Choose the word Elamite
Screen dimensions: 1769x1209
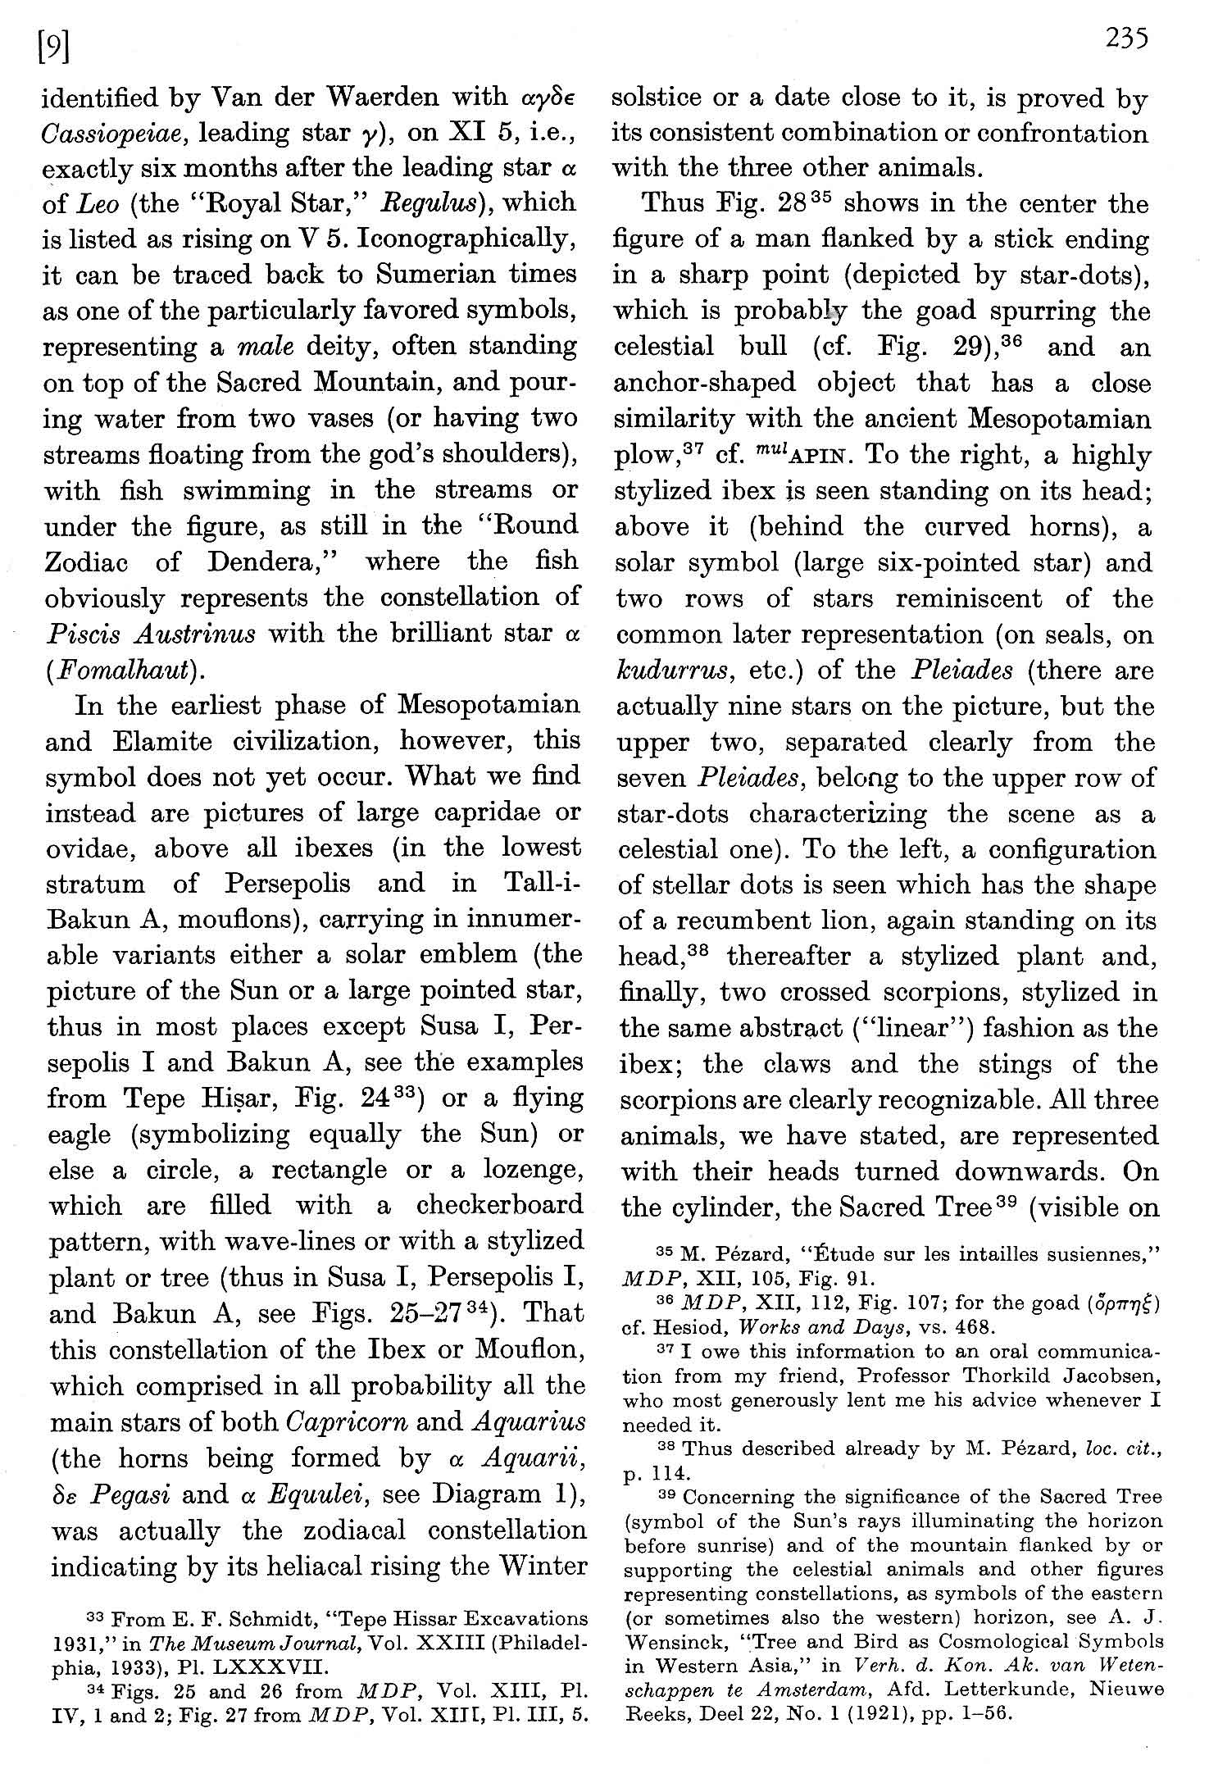click(143, 741)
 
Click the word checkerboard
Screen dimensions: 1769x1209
click(499, 1205)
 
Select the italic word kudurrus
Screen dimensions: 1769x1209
click(673, 671)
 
